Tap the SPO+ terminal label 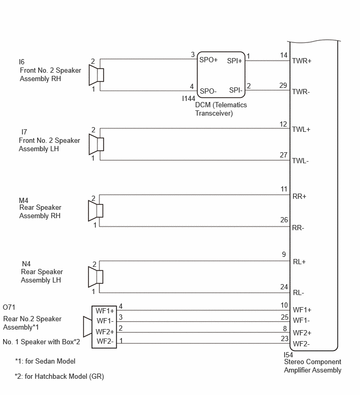click(208, 60)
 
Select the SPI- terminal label click(234, 90)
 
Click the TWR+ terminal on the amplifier click(302, 61)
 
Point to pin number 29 click(283, 85)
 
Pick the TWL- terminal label click(301, 161)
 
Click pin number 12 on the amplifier click(284, 124)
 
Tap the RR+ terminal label click(299, 197)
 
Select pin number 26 click(284, 220)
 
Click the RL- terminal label click(299, 293)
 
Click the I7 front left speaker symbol click(96, 144)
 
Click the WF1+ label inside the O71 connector click(105, 311)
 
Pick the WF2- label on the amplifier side click(302, 344)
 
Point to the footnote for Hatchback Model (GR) click(60, 376)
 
